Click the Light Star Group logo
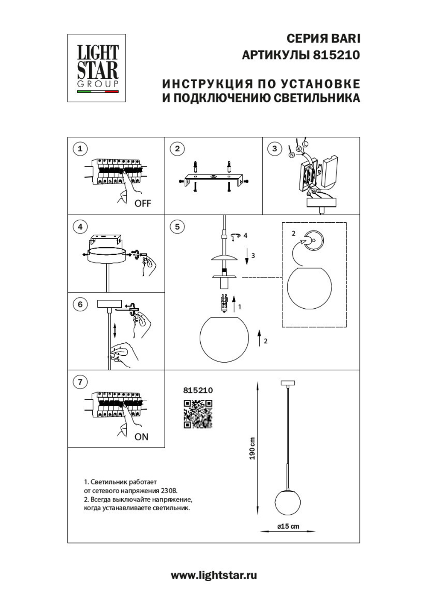click(x=97, y=68)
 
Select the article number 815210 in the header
click(x=336, y=55)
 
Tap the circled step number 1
click(x=80, y=149)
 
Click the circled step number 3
click(x=275, y=149)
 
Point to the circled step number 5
click(x=177, y=227)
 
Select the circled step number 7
click(x=80, y=382)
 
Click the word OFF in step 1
click(x=143, y=204)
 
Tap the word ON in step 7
click(x=141, y=437)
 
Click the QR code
click(x=198, y=414)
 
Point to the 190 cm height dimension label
click(x=252, y=449)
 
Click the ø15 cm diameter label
click(x=288, y=526)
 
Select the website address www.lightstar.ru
click(x=213, y=575)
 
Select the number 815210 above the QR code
click(x=198, y=390)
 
